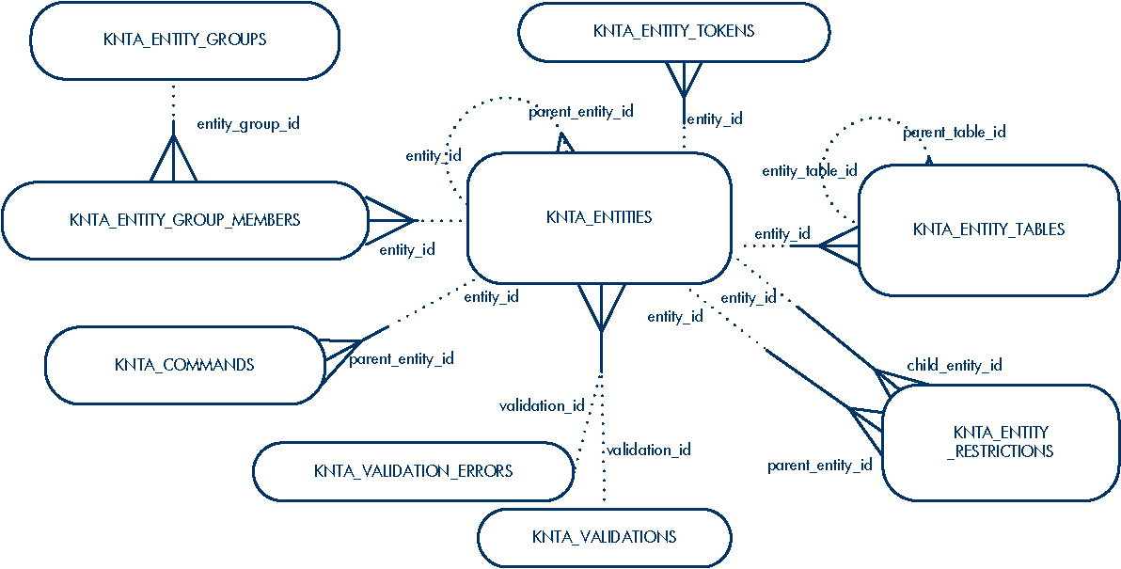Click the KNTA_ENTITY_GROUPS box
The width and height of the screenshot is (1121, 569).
pyautogui.click(x=184, y=40)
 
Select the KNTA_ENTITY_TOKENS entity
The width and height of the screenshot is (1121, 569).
pyautogui.click(x=673, y=32)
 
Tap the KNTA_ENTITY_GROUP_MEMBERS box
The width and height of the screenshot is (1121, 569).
pyautogui.click(x=184, y=220)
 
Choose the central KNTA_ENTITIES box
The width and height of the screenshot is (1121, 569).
pyautogui.click(x=599, y=217)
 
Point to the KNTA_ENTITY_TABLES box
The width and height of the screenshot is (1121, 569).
pyautogui.click(x=988, y=229)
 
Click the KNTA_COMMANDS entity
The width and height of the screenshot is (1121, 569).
pyautogui.click(x=184, y=365)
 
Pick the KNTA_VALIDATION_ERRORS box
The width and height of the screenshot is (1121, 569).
pyautogui.click(x=413, y=470)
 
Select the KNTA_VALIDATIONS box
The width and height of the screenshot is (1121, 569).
pyautogui.click(x=604, y=537)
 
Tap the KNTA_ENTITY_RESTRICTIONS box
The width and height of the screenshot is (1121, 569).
pyautogui.click(x=1001, y=442)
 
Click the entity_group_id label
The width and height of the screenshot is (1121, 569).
pyautogui.click(x=248, y=123)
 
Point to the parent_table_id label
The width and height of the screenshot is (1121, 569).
pyautogui.click(x=955, y=133)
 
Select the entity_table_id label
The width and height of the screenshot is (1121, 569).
pyautogui.click(x=810, y=171)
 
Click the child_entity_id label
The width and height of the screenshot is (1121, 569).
pyautogui.click(x=954, y=365)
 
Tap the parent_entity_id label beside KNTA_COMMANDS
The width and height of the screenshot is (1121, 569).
pyautogui.click(x=402, y=358)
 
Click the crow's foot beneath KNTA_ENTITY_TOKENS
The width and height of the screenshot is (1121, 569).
pyautogui.click(x=684, y=79)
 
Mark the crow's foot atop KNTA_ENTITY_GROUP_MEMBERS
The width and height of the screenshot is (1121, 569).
pyautogui.click(x=173, y=160)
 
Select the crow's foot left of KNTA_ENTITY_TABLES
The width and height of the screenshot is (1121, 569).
pyautogui.click(x=838, y=246)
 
